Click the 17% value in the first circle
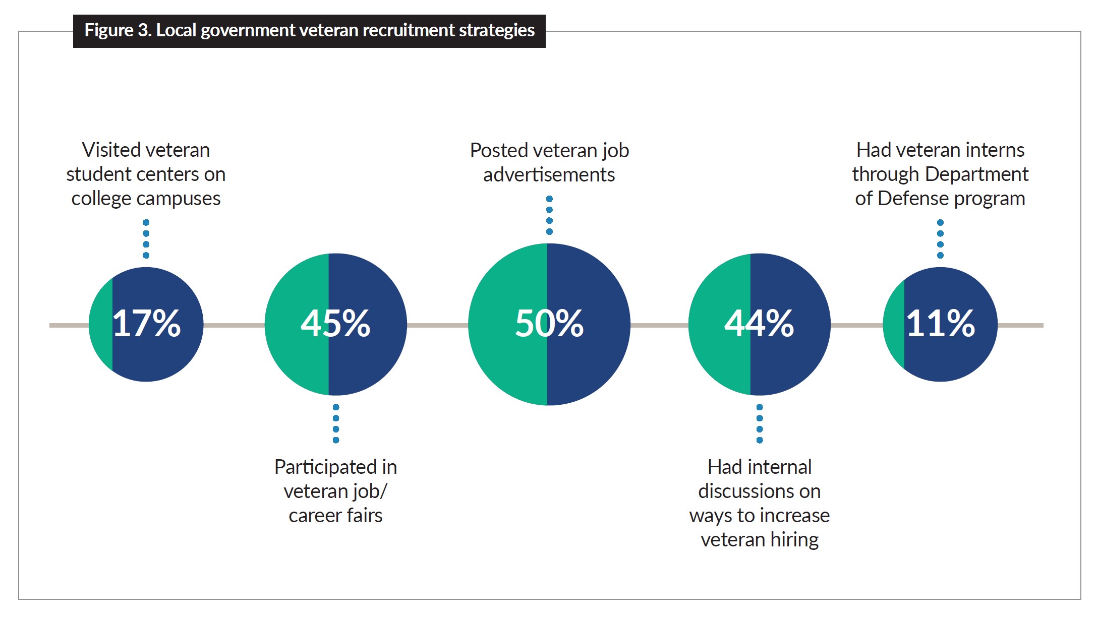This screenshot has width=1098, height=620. tap(146, 324)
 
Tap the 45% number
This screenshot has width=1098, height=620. tap(335, 324)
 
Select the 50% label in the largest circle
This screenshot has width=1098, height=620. tap(549, 324)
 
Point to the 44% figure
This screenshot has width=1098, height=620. tap(759, 324)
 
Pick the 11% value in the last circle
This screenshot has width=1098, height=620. tap(940, 324)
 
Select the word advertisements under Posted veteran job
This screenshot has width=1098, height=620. tap(549, 175)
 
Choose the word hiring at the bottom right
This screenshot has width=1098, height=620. tap(794, 540)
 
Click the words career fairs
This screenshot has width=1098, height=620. tap(335, 516)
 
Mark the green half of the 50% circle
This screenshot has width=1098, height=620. tap(507, 353)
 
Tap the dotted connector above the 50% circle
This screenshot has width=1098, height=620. tap(549, 215)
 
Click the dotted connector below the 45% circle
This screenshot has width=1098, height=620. tap(336, 423)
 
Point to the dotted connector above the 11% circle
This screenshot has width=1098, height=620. tap(940, 239)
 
